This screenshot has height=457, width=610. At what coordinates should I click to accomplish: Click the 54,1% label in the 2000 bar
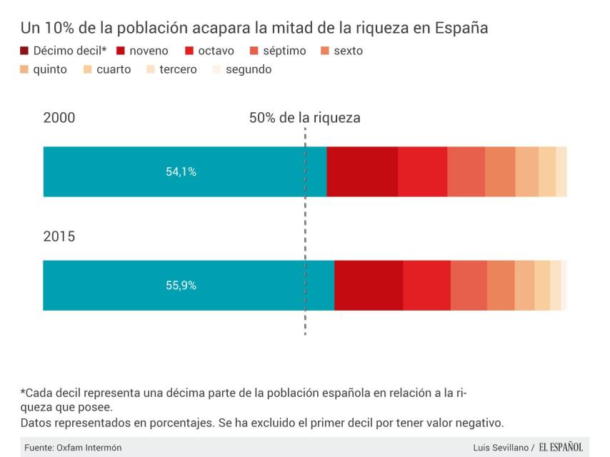[x=181, y=172]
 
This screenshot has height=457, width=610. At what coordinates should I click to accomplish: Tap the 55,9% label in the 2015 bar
[x=181, y=286]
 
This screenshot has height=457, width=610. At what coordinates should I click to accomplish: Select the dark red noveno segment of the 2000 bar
[x=362, y=172]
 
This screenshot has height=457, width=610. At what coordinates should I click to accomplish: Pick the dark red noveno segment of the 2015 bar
[x=369, y=286]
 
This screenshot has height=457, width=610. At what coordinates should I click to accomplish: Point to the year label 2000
[x=59, y=119]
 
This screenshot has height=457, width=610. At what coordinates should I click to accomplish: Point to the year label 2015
[x=59, y=236]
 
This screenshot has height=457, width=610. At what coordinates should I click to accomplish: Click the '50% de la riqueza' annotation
[x=304, y=119]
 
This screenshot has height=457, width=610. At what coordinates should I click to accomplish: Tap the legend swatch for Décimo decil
[x=25, y=51]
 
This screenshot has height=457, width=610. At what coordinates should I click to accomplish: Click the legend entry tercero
[x=172, y=70]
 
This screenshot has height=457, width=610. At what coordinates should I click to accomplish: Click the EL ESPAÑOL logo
[x=561, y=448]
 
